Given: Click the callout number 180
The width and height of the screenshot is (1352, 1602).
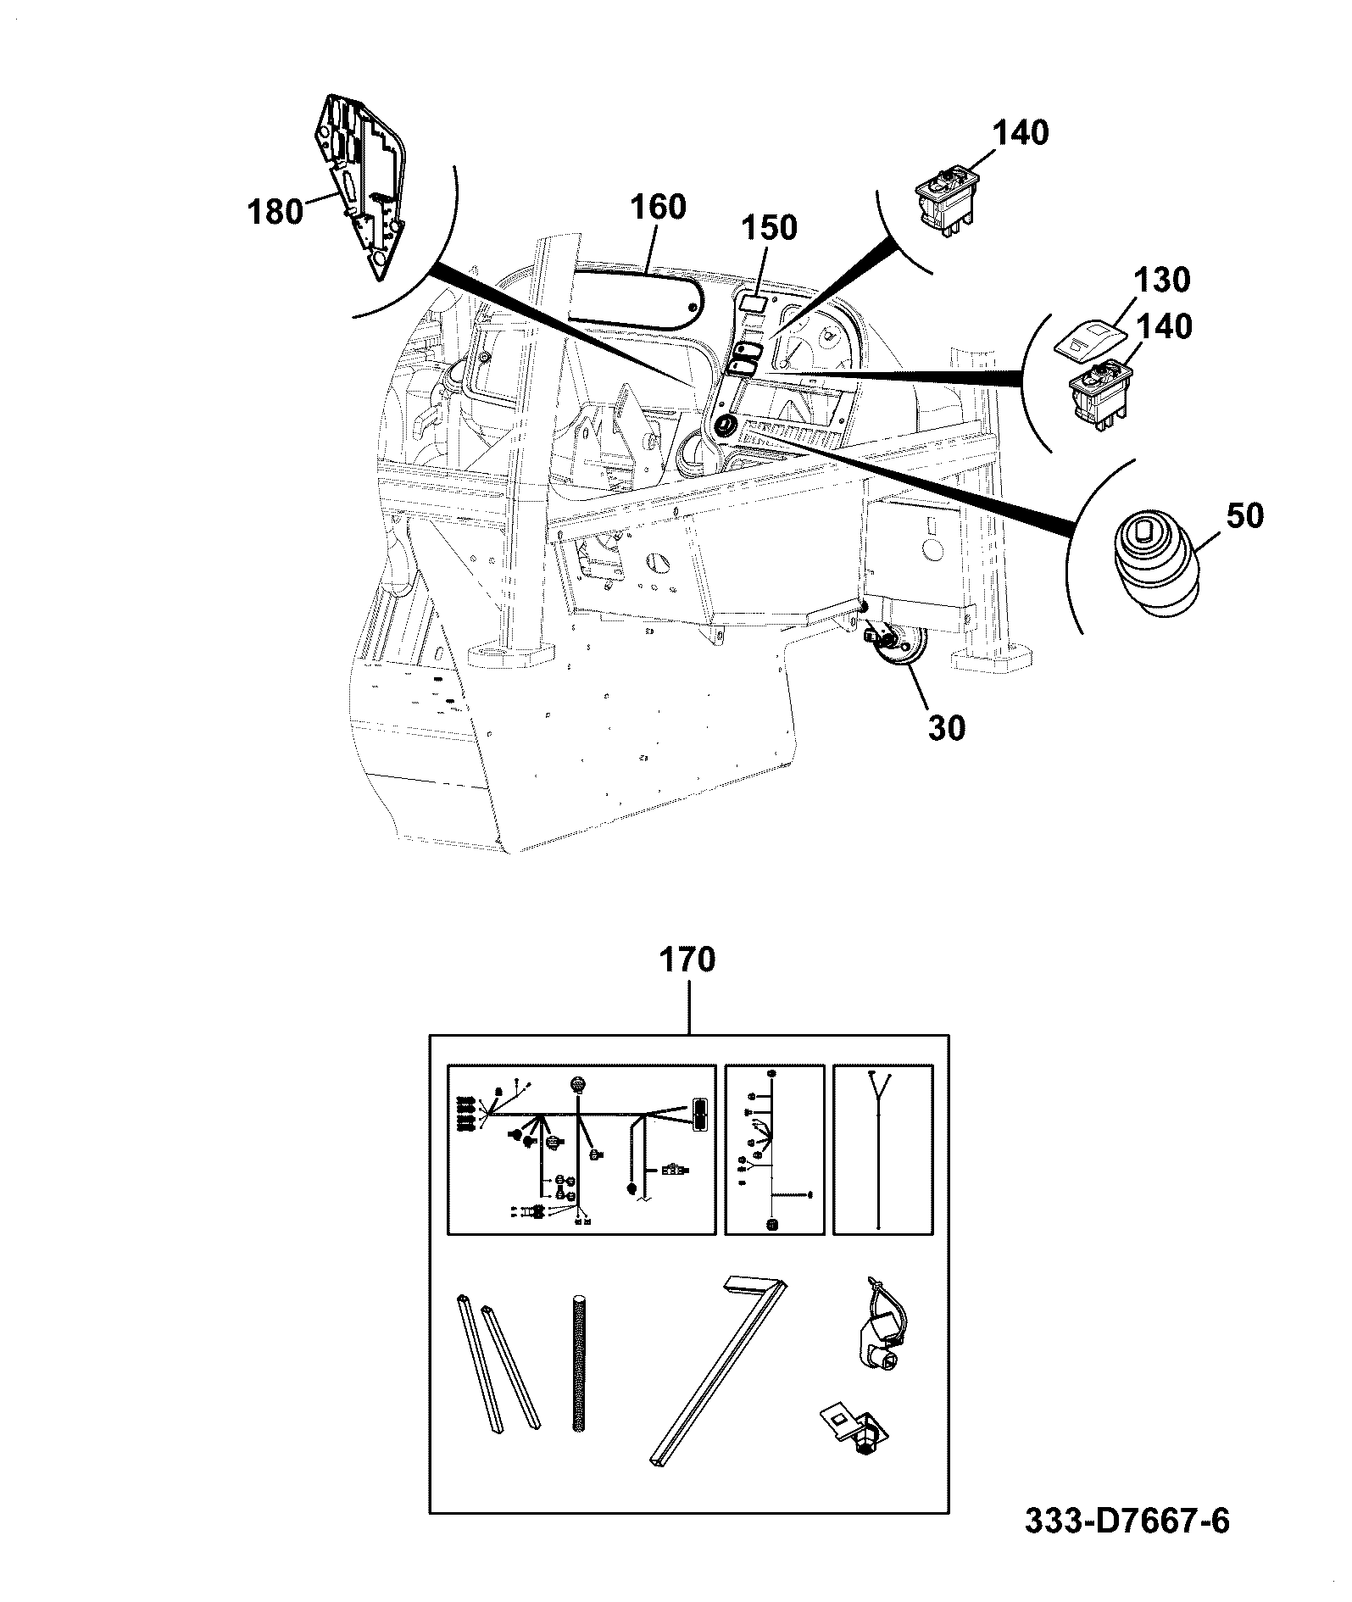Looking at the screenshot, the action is pos(275,210).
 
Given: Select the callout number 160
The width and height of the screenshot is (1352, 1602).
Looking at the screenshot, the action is pos(658,208).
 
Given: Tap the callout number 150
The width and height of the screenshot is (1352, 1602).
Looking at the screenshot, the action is pos(770,228).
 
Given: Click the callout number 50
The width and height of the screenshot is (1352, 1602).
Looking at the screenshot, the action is pos(1245,516).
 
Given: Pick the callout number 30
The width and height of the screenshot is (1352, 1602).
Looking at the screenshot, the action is pos(947,727).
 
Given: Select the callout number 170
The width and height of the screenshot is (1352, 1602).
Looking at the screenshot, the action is pos(687,960).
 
